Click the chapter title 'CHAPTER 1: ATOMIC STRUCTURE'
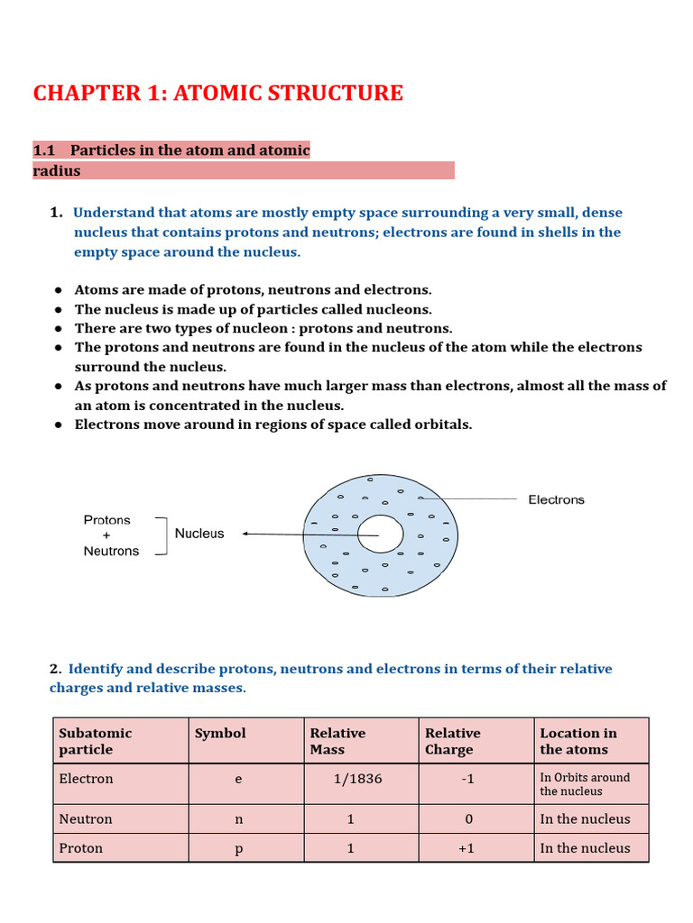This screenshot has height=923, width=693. click(x=218, y=93)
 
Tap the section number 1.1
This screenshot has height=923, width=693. click(x=45, y=150)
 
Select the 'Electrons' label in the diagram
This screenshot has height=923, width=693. click(x=556, y=499)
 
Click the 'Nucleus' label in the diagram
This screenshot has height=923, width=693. click(x=199, y=534)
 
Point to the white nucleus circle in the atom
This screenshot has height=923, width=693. click(x=380, y=535)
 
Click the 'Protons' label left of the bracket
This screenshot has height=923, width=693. click(x=106, y=520)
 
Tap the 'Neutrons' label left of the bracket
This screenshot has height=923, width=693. click(x=111, y=551)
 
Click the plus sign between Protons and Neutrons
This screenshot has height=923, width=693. click(x=106, y=535)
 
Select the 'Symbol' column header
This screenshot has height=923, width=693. click(x=220, y=733)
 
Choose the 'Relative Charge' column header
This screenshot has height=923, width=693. click(x=453, y=741)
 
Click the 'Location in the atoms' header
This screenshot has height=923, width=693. click(x=578, y=741)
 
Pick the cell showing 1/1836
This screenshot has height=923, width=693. click(x=357, y=778)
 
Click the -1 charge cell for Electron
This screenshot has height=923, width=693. click(x=467, y=778)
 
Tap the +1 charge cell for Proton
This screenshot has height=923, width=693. click(x=466, y=848)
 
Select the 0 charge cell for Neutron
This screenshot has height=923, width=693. click(x=467, y=819)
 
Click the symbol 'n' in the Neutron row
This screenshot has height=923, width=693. click(x=238, y=819)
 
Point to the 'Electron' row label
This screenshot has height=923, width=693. click(x=86, y=778)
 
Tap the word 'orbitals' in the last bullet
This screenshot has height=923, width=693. click(x=441, y=424)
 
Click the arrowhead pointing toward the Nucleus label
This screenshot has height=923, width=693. click(x=246, y=534)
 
